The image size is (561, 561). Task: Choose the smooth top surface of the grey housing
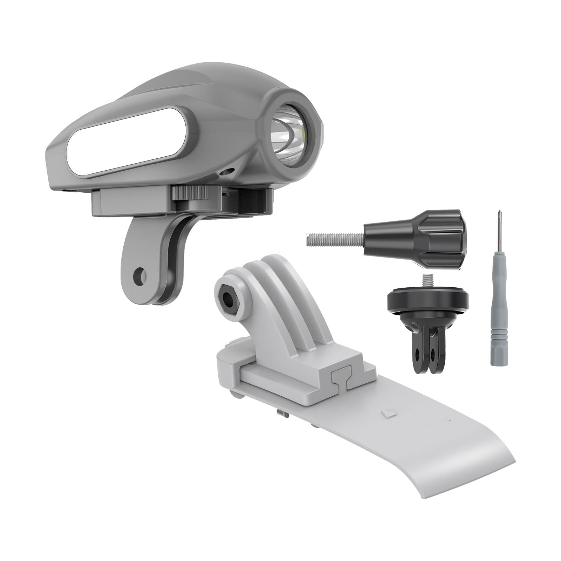[x=182, y=84]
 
